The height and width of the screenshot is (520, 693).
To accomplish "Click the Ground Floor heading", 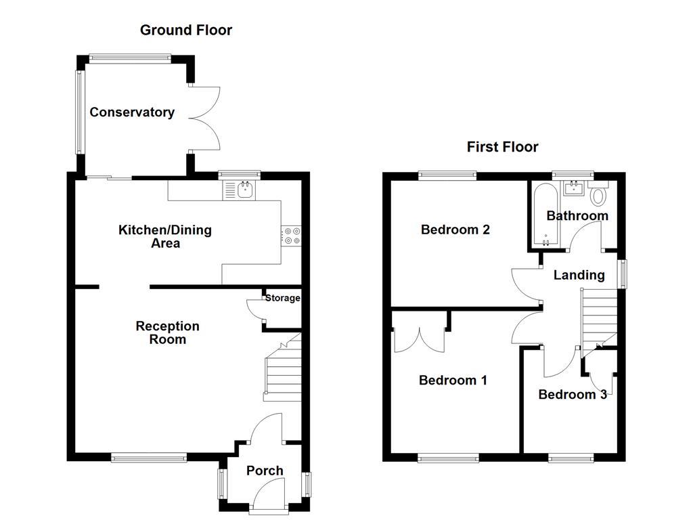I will [185, 30].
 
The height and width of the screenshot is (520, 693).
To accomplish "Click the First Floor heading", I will [502, 147].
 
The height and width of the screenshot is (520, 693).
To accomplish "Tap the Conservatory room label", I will [132, 112].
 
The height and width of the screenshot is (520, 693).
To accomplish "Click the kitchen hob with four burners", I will [292, 235].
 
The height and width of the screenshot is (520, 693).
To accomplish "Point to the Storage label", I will [282, 298].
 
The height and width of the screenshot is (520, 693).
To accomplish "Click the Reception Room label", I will [167, 332].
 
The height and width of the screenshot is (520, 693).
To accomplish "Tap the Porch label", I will [265, 471].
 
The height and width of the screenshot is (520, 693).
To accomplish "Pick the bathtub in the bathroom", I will [545, 215].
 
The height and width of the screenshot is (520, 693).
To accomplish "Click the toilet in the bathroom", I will [598, 196].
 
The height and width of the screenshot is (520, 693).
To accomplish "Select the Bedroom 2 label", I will [455, 230].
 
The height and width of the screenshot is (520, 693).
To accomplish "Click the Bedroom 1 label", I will [453, 381].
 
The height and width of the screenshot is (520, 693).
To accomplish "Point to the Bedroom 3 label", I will [572, 394].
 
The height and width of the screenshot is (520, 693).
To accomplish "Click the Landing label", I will [579, 275].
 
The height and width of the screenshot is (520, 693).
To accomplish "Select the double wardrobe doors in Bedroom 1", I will [418, 337].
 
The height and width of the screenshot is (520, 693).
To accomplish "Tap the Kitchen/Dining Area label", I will [165, 236].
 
